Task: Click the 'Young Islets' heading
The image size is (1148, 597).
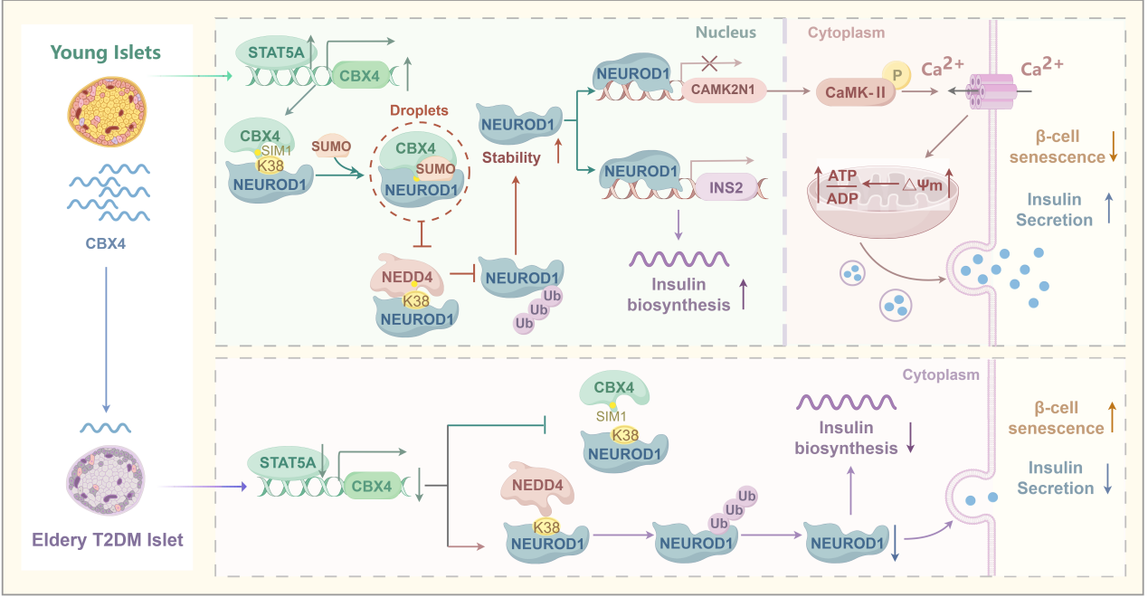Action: [106, 52]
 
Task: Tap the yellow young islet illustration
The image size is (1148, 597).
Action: [107, 112]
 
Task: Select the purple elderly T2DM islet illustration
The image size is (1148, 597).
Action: [106, 480]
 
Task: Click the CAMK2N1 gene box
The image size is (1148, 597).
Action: [723, 90]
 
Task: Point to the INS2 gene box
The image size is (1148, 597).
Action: [726, 187]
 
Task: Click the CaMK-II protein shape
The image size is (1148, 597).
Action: [856, 92]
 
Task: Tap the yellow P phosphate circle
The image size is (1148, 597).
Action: [897, 75]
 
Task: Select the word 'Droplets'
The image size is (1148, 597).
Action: [419, 110]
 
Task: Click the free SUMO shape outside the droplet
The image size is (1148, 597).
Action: [331, 147]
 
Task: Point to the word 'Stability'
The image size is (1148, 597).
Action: [511, 157]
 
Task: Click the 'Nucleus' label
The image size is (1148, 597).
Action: [726, 33]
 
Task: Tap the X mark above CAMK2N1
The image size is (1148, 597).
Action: [709, 63]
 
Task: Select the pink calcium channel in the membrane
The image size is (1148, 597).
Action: [991, 91]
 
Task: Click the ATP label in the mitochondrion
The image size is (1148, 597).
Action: [842, 175]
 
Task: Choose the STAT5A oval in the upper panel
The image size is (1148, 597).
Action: [276, 52]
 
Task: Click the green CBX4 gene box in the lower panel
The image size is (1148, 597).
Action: [372, 486]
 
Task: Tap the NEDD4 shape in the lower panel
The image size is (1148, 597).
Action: [537, 487]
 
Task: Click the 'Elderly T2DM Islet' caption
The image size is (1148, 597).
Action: [107, 540]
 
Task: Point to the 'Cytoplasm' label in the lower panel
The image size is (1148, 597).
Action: [941, 374]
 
